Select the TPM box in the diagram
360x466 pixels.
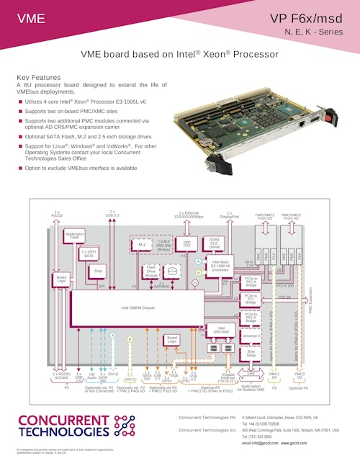pyautogui.click(x=98, y=272)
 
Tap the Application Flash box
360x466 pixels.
pyautogui.click(x=74, y=236)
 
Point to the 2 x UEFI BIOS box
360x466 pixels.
pyautogui.click(x=89, y=254)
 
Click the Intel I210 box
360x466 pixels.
pyautogui.click(x=186, y=245)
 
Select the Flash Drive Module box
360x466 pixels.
pyautogui.click(x=150, y=272)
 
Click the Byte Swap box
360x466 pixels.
pyautogui.click(x=251, y=354)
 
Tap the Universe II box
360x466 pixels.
pyautogui.click(x=251, y=336)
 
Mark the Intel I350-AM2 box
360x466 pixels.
pyautogui.click(x=216, y=331)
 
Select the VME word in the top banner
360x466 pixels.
pyautogui.click(x=30, y=18)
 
